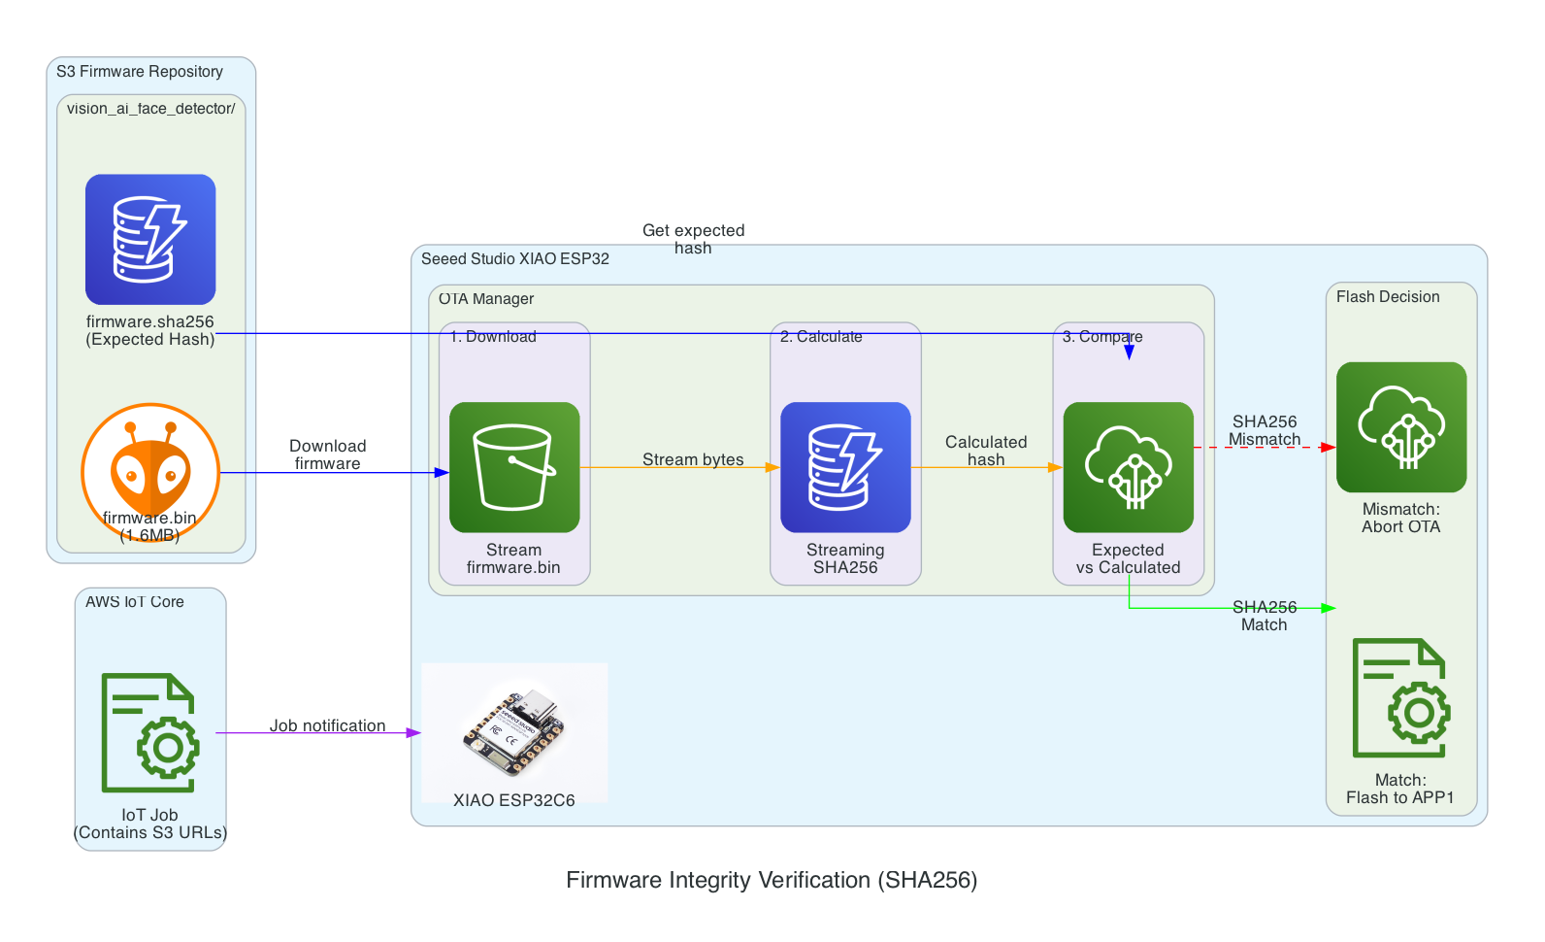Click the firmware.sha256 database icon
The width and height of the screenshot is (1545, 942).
[150, 240]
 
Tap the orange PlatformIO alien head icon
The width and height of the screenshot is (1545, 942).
[150, 473]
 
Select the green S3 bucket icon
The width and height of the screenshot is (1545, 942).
[514, 467]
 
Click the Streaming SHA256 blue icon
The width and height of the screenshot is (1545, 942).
[845, 467]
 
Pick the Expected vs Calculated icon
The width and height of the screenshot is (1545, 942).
[1128, 467]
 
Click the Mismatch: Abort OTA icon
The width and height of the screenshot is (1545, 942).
[1400, 427]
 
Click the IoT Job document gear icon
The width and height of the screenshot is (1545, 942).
[150, 732]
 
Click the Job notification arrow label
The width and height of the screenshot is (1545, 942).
[327, 725]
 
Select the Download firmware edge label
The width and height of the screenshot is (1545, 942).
[327, 454]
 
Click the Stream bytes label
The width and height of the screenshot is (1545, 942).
[693, 459]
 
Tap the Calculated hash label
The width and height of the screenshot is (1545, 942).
[986, 451]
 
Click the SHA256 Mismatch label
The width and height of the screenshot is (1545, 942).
[1265, 430]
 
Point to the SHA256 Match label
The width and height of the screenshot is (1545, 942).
[1265, 616]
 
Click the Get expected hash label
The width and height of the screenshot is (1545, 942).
[693, 239]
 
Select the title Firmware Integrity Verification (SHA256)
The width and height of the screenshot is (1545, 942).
[772, 880]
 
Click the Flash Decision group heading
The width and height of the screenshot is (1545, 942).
[1388, 297]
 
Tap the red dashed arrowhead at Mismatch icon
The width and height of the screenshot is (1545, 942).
[1329, 448]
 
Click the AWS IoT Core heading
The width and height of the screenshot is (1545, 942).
[135, 602]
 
